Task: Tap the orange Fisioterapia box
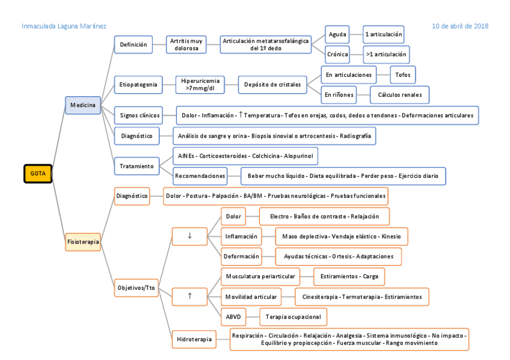(83, 242)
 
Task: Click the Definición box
(133, 44)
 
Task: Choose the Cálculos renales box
(400, 94)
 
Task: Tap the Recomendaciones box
(200, 176)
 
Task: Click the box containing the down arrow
(189, 236)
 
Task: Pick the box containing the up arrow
(189, 295)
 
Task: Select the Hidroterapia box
(194, 340)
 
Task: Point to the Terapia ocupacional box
(294, 316)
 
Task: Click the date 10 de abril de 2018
(460, 26)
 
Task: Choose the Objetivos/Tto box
(135, 287)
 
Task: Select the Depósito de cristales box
(273, 85)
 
